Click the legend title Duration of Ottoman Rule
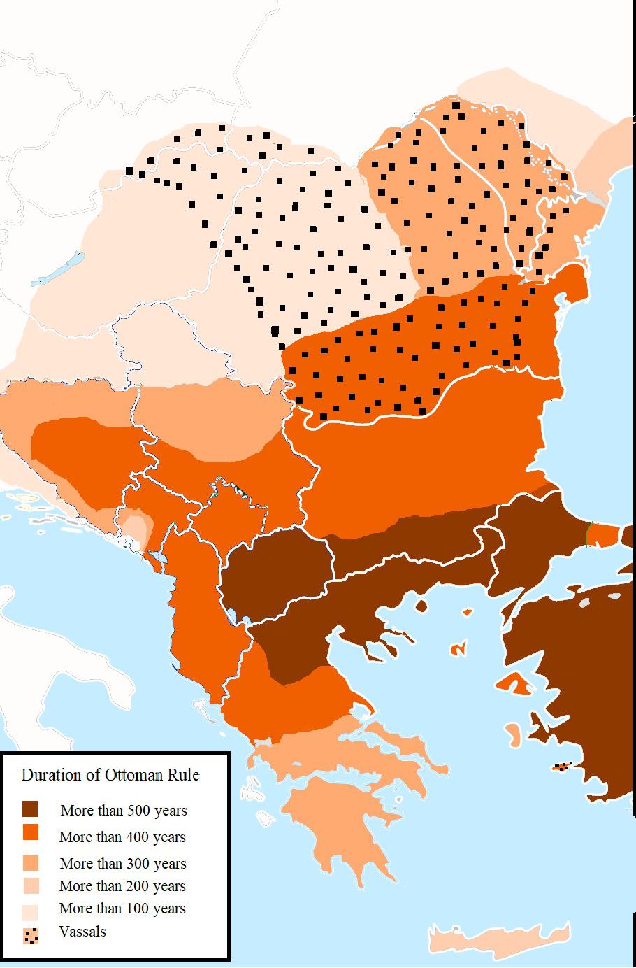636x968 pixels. tap(110, 775)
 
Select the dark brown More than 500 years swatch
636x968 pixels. tap(30, 809)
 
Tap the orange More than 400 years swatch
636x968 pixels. tap(30, 832)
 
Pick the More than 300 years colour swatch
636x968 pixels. tap(30, 862)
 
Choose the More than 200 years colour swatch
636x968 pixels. tap(30, 885)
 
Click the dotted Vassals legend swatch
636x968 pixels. tap(30, 935)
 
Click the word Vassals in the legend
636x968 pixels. tap(82, 932)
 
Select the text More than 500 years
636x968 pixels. tap(124, 811)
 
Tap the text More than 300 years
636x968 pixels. tap(123, 864)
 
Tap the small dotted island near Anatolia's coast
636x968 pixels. tap(563, 767)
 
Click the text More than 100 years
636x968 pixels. tap(122, 909)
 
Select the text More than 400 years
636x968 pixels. tap(122, 837)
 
